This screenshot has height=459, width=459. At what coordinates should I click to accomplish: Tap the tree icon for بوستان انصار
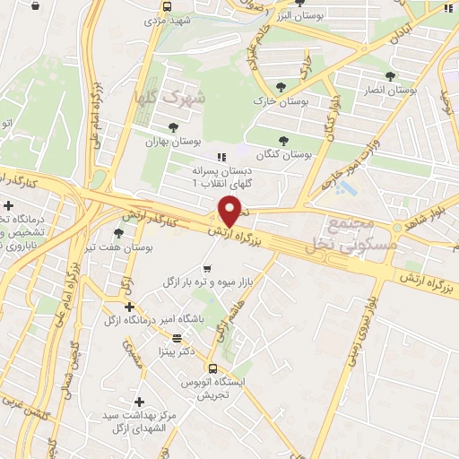[x=388, y=76]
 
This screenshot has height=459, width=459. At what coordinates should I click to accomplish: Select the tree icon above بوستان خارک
[x=281, y=87]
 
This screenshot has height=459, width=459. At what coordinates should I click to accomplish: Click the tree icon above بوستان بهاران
[x=173, y=127]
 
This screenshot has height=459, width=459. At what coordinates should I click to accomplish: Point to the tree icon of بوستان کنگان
[x=284, y=140]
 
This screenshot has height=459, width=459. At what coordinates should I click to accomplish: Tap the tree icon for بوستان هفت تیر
[x=119, y=233]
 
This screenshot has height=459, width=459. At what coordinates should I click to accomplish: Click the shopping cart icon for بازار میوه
[x=208, y=268]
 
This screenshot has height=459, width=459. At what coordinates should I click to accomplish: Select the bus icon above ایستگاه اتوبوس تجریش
[x=212, y=368]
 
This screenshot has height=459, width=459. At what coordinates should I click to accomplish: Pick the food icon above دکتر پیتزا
[x=177, y=338]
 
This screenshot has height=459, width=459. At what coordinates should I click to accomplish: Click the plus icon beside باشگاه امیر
[x=130, y=307]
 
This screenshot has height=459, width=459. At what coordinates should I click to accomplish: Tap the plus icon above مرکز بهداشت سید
[x=139, y=402]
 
